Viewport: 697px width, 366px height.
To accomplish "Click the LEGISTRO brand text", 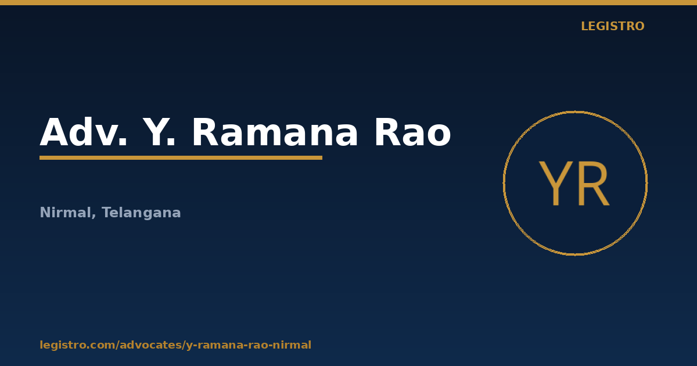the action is [x=613, y=26].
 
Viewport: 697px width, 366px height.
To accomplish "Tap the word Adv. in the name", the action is [x=84, y=132].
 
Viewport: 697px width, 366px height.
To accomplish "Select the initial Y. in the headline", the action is [x=159, y=132].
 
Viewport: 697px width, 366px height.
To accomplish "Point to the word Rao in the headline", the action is [x=412, y=132].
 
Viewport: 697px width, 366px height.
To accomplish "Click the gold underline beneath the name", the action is [x=181, y=158].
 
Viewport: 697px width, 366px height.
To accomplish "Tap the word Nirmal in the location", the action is [x=65, y=213].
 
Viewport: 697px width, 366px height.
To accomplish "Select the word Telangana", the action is [x=141, y=213].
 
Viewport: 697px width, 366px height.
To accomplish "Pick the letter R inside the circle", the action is [x=594, y=183].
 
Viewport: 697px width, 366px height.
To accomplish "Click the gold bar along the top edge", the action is [x=348, y=2].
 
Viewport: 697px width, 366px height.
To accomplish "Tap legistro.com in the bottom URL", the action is [x=77, y=345].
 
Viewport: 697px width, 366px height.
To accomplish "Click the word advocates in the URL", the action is [x=150, y=345].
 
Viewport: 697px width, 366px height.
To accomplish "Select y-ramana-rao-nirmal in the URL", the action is [x=249, y=345].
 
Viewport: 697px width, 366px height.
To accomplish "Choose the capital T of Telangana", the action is [x=107, y=212].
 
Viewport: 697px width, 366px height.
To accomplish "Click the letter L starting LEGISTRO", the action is [x=585, y=26].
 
